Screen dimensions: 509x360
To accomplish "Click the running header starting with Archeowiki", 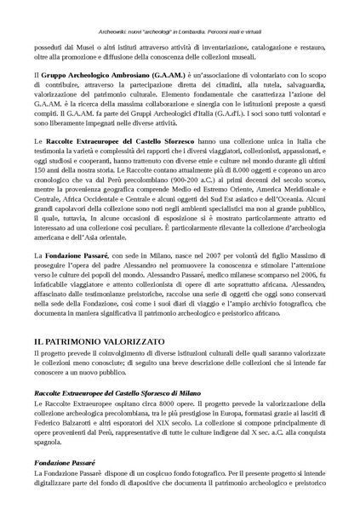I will pyautogui.click(x=180, y=7).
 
